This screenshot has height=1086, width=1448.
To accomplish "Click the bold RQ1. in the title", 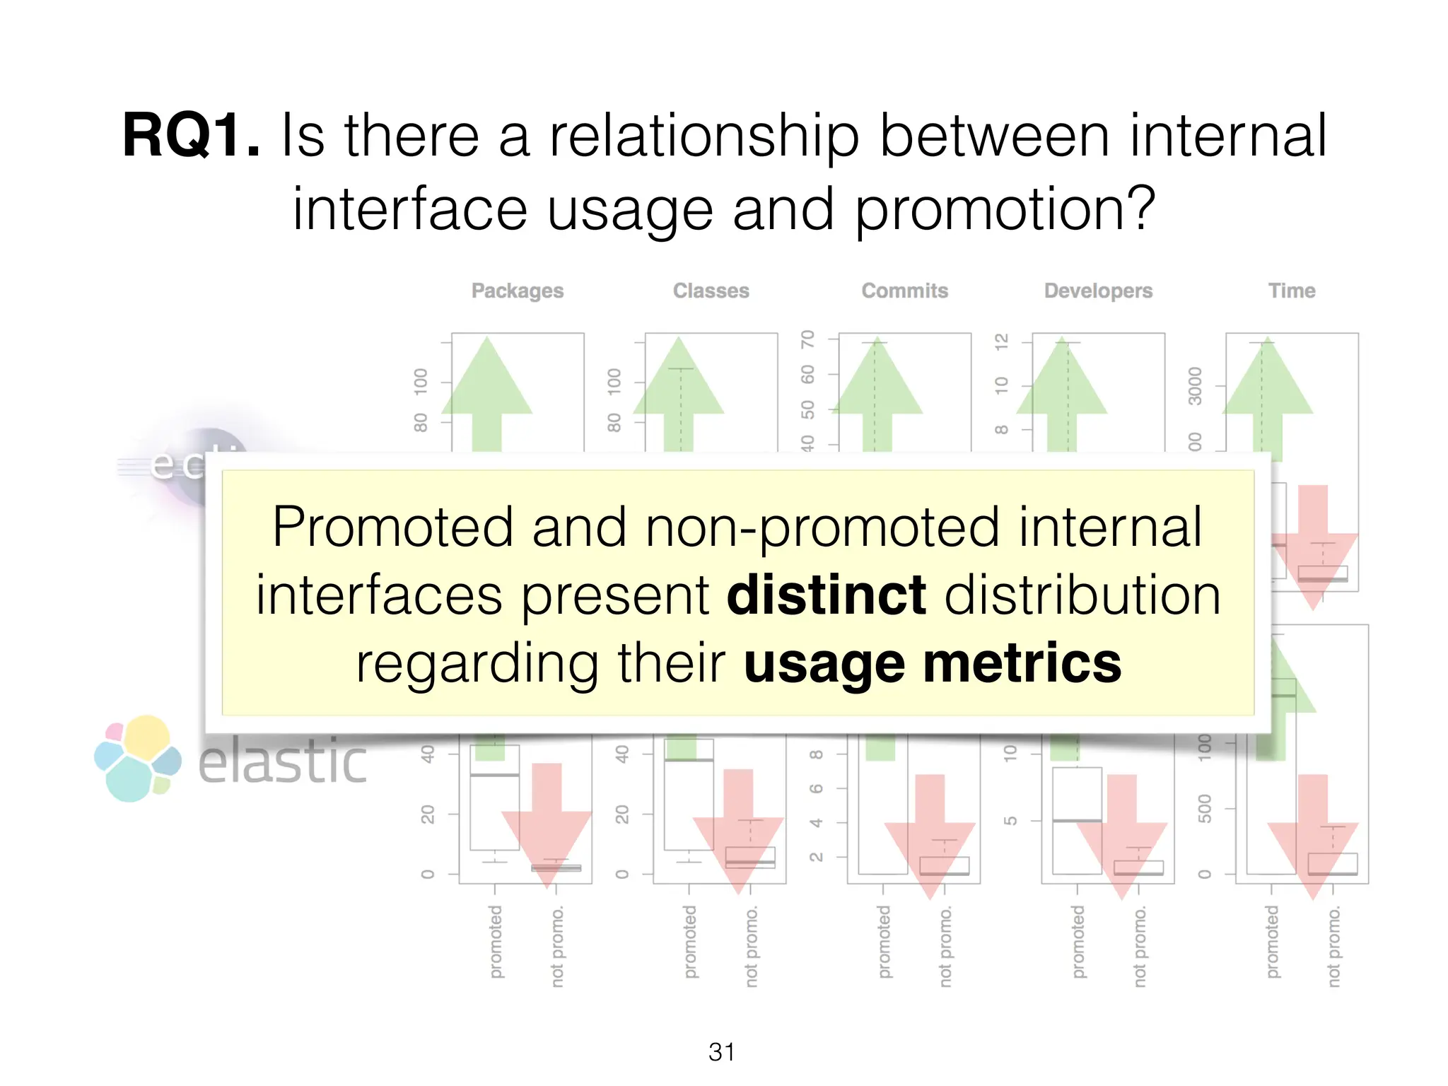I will pos(191,136).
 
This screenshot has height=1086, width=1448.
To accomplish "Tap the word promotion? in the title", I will pos(1005,209).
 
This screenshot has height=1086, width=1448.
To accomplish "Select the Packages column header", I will pos(518,291).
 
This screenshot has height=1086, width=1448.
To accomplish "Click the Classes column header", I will pos(711,291).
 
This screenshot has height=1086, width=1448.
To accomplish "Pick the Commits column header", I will pos(904,291).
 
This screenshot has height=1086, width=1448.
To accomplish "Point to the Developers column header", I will pos(1098,291).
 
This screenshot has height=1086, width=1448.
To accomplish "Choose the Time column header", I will pos(1291,291).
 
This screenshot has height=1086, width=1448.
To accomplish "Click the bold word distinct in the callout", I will pos(826,595).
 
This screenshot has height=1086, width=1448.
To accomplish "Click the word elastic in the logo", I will pos(283,762).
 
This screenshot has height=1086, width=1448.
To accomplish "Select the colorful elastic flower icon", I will pos(138,759).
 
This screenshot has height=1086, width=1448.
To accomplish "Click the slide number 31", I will pos(722,1052).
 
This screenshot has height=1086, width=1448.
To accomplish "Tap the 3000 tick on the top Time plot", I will pos(1195,386).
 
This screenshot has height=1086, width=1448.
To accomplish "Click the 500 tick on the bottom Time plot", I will pos(1205,808).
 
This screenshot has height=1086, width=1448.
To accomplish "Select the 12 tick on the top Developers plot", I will pos(1001,342).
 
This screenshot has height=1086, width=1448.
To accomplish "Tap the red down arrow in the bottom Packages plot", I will pos(546,820).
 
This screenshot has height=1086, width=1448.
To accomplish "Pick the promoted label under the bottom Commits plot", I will pos(884,942).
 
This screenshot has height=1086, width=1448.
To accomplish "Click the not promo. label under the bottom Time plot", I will pos(1333,947).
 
